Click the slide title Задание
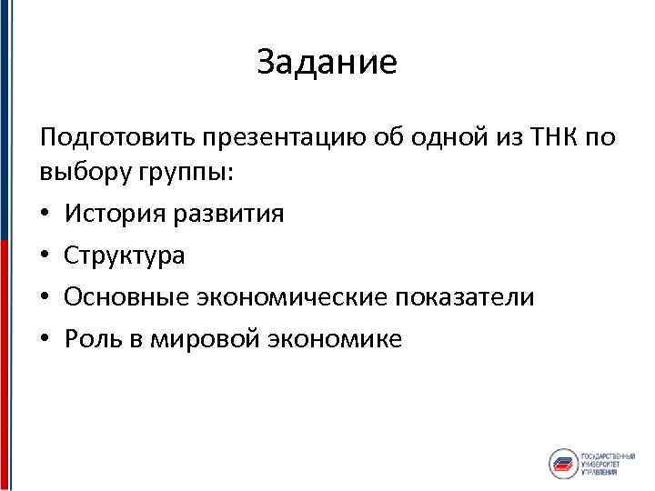click(x=327, y=63)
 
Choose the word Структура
click(x=125, y=256)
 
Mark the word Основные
click(x=123, y=298)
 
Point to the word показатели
click(x=469, y=298)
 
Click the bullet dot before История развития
click(x=45, y=215)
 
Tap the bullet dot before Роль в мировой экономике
click(x=45, y=340)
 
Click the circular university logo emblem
click(x=564, y=462)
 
